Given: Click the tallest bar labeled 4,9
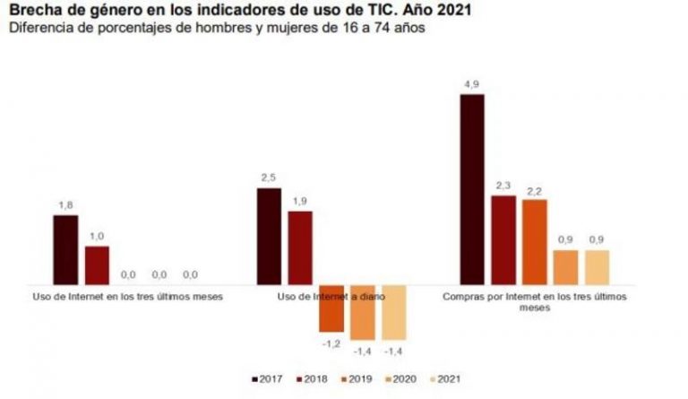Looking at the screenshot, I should click(x=471, y=188).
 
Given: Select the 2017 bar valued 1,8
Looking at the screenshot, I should click(x=65, y=248).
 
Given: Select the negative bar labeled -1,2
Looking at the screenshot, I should click(x=331, y=308).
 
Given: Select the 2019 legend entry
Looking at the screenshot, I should click(x=357, y=381).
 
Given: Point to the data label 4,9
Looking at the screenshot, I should click(x=472, y=85).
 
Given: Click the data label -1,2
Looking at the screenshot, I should click(x=331, y=342).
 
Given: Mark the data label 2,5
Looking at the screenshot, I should click(x=269, y=179).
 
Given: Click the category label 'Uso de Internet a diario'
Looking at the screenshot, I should click(x=331, y=296).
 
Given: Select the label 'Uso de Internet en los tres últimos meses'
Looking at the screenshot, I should click(x=127, y=296).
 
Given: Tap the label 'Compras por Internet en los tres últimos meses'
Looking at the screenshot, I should click(x=535, y=301).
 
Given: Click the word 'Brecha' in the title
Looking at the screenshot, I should click(x=31, y=11).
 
